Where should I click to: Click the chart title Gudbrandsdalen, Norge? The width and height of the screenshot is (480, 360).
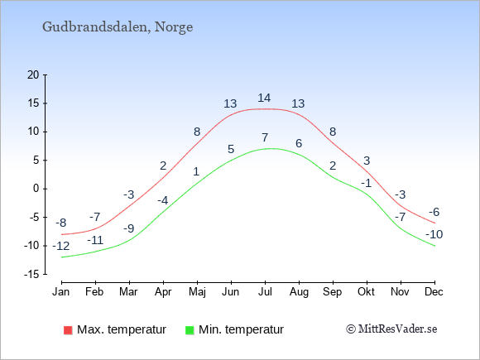click(x=118, y=27)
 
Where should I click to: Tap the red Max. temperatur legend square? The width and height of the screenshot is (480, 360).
click(x=68, y=330)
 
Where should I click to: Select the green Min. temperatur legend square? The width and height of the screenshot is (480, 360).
click(x=190, y=330)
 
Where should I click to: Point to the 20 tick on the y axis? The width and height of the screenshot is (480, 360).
click(x=33, y=74)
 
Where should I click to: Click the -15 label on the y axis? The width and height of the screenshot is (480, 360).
click(x=31, y=274)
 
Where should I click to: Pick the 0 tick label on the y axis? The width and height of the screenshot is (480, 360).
click(x=36, y=189)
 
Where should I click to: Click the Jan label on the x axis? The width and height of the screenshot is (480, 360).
click(x=61, y=292)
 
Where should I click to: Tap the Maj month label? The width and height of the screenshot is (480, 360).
click(x=197, y=292)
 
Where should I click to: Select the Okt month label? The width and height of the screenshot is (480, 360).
click(x=366, y=292)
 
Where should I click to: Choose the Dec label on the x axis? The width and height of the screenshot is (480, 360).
click(x=434, y=292)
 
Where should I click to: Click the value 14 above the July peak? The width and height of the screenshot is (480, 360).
click(x=264, y=98)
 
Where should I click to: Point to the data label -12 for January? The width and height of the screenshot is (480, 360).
click(x=61, y=246)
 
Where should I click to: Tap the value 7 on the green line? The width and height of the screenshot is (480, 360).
click(x=265, y=137)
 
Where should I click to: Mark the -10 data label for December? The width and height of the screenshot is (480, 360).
click(x=434, y=234)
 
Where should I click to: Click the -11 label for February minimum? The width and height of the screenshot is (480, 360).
click(x=95, y=240)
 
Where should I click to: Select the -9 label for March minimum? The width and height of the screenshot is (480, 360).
click(x=129, y=228)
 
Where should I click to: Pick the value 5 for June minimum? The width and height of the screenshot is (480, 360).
click(x=231, y=149)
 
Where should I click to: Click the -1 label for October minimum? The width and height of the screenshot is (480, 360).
click(x=366, y=184)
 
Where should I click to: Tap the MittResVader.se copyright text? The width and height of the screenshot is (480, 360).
click(x=391, y=329)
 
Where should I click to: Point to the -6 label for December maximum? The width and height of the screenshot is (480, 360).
click(x=434, y=212)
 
